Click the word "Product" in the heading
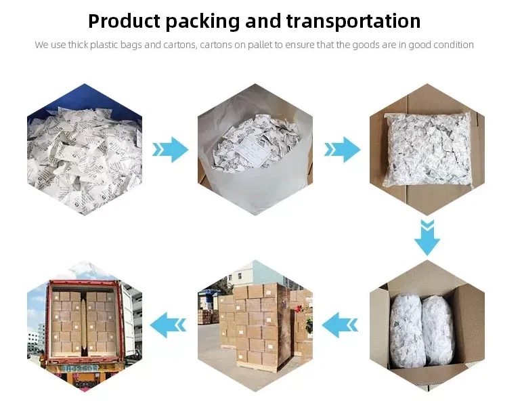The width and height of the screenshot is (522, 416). (x=125, y=21)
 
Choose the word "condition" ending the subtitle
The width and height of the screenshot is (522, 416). (x=453, y=45)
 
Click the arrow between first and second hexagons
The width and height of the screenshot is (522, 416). (x=171, y=149)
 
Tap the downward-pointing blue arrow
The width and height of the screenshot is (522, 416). (x=427, y=237)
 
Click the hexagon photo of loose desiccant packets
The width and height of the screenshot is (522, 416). (x=85, y=149)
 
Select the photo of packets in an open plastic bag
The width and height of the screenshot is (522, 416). (x=256, y=149)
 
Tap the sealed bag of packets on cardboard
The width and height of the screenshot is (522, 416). (x=427, y=146)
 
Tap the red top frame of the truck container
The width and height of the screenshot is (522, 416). (x=85, y=283)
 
